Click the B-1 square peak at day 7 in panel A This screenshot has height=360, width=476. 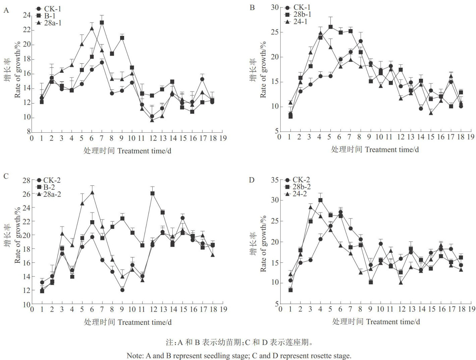102,22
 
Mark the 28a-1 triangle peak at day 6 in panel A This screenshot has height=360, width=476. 92,28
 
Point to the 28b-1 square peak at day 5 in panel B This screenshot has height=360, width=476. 330,27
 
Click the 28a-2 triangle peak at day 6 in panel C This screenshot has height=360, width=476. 92,192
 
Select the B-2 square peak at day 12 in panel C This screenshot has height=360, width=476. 152,193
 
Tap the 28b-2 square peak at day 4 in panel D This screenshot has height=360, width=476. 320,200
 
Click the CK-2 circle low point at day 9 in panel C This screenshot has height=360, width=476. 122,290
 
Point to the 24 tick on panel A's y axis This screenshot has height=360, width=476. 27,15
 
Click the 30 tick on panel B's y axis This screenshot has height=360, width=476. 274,7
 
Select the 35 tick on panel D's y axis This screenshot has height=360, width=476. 274,180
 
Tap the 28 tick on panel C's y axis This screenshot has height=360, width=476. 27,180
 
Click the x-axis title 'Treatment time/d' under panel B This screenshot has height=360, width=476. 392,149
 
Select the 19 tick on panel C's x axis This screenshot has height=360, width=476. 223,309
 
